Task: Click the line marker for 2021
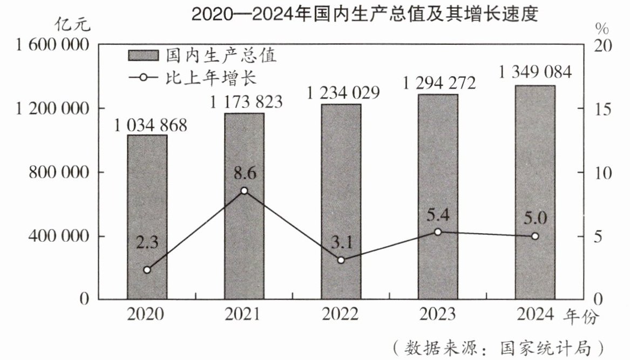(x=244, y=191)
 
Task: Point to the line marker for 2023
(x=438, y=232)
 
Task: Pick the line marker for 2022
(x=341, y=260)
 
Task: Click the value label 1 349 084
(x=535, y=72)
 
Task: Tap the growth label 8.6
(x=244, y=174)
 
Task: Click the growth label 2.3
(x=147, y=242)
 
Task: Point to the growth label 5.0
(x=535, y=219)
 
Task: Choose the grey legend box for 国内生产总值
(x=143, y=56)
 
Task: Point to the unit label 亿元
(x=73, y=24)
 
